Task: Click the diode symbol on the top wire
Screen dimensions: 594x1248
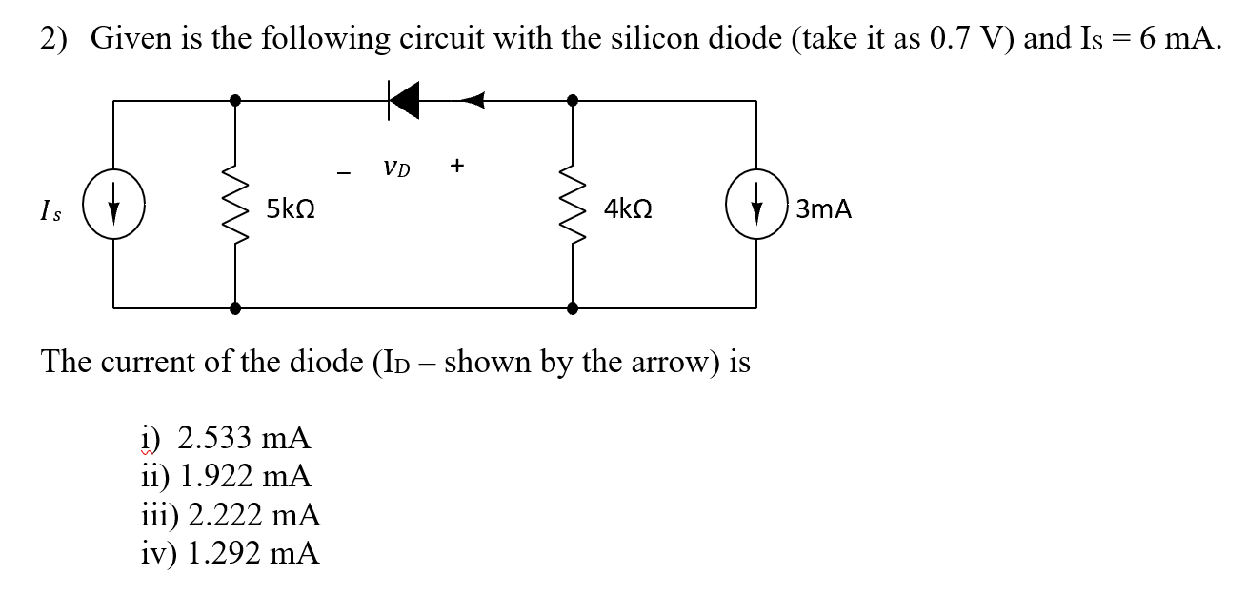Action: coord(404,99)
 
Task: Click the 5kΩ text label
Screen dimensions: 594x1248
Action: coord(292,208)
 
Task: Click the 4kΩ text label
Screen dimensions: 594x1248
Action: coord(628,208)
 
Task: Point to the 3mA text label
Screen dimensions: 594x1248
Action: coord(823,208)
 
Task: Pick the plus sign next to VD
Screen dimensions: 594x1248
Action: coord(457,166)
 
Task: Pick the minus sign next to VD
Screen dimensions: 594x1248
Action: coord(344,172)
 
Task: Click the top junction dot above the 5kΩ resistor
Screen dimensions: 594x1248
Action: coord(235,99)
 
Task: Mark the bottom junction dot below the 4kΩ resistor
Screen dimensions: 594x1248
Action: coord(572,307)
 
